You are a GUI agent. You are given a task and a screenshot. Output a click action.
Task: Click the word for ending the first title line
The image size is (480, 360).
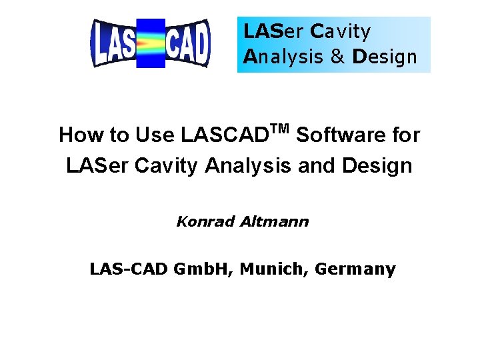tap(404, 135)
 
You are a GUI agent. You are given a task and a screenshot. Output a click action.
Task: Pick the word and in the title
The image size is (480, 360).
tap(316, 165)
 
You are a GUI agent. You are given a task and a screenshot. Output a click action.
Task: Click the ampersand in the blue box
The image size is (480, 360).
tap(337, 57)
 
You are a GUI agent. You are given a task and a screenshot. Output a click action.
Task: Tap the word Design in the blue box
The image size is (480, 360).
tap(385, 57)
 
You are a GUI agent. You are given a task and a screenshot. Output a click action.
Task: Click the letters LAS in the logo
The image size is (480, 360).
tap(114, 44)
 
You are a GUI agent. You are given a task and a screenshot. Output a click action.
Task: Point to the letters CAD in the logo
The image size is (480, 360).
tap(187, 44)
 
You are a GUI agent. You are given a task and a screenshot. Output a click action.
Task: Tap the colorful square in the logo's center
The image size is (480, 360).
tap(151, 44)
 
